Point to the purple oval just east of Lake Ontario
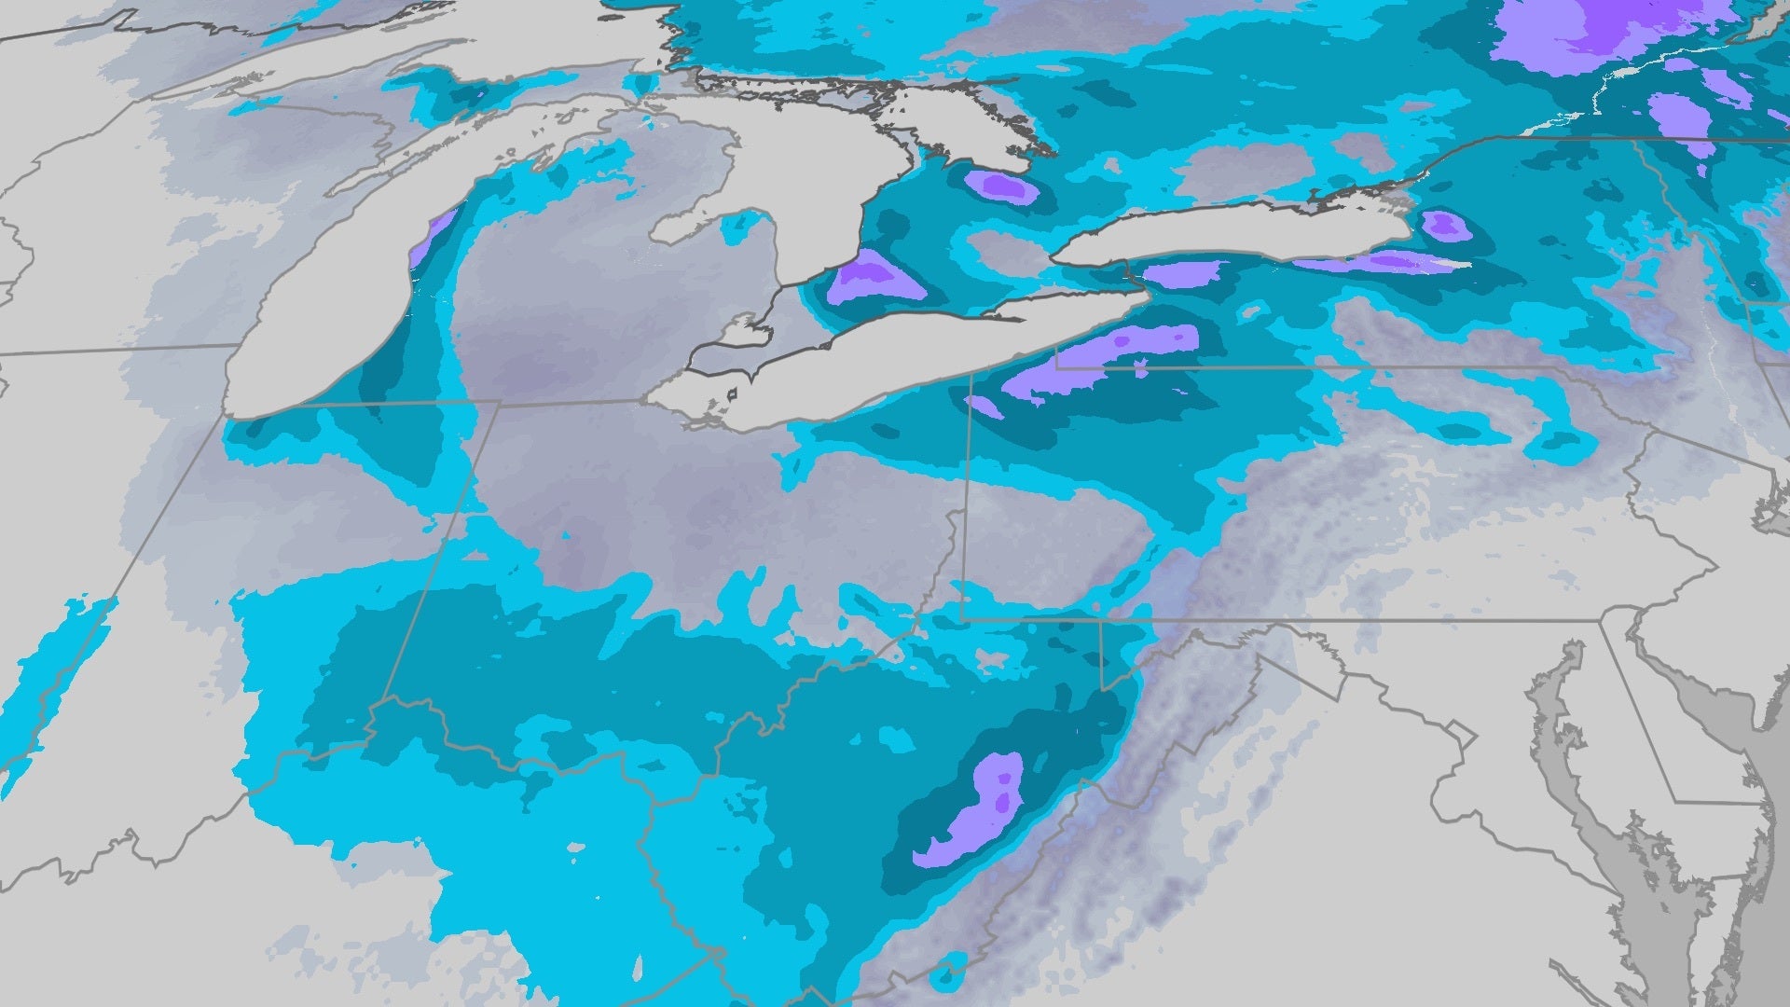[x=1444, y=225]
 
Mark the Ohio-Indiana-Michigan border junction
[x=500, y=403]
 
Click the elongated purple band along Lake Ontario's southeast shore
[x=1380, y=263]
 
